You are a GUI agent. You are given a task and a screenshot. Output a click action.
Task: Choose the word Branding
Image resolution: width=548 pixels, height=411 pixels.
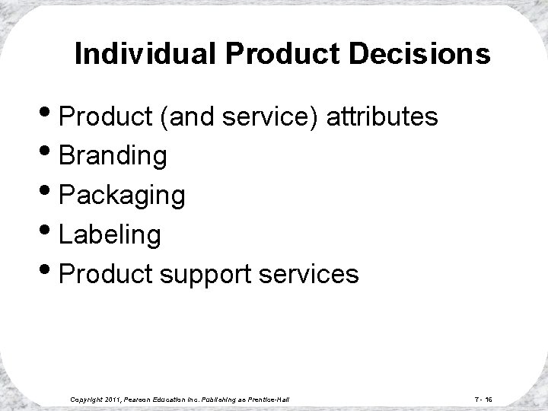tap(113, 155)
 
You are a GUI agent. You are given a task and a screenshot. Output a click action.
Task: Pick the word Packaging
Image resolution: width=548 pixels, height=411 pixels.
tap(122, 196)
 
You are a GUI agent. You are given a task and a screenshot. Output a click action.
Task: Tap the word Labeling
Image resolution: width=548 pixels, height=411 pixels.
tap(110, 235)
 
